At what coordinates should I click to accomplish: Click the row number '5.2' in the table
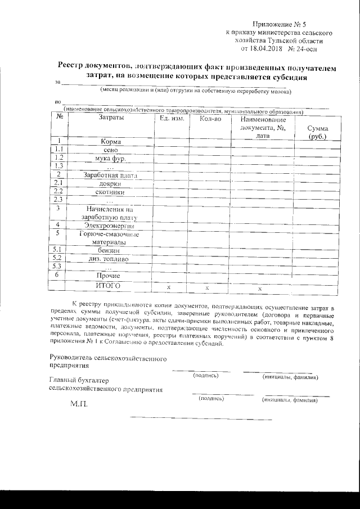56,259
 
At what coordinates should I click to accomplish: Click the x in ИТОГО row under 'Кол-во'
207,287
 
